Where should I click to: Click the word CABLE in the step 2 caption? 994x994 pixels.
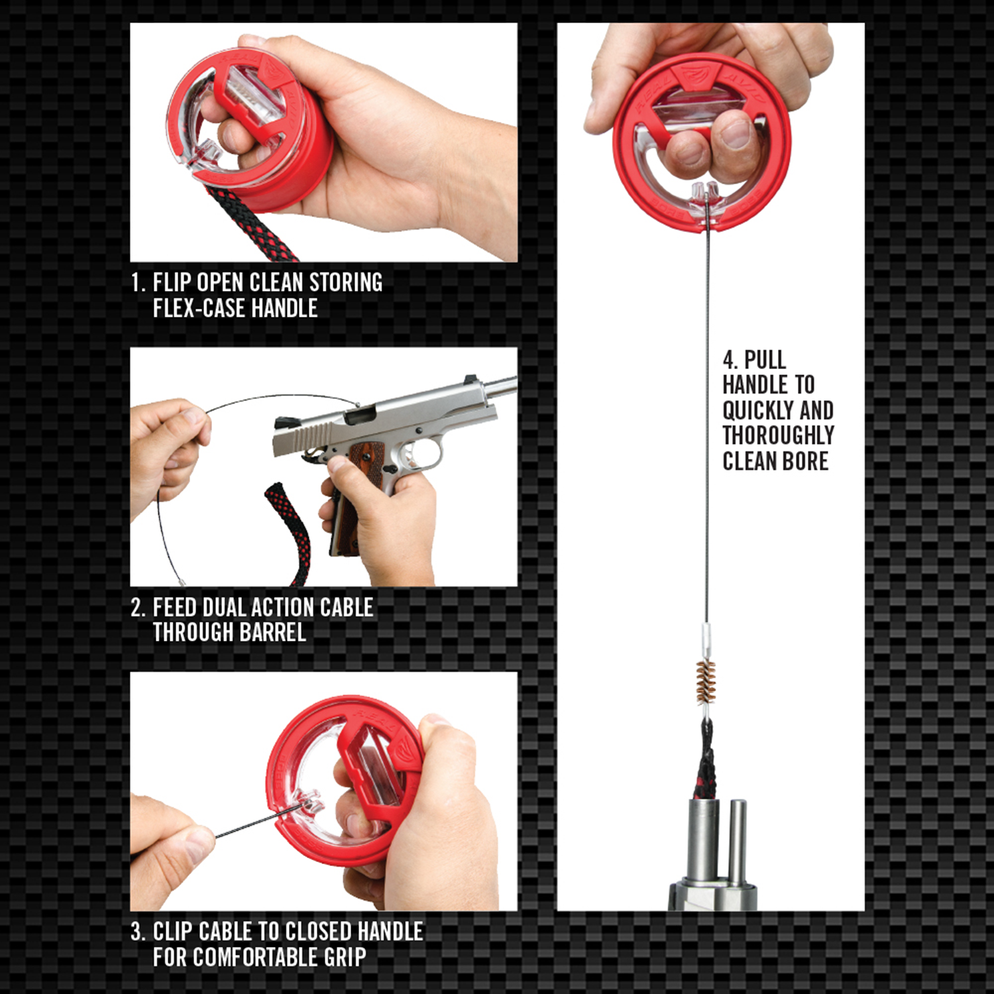(347, 607)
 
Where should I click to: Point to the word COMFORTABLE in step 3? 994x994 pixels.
(254, 957)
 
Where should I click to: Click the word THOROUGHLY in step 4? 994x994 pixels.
(779, 435)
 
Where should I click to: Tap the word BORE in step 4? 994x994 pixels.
(804, 461)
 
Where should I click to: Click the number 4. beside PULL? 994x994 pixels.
(730, 360)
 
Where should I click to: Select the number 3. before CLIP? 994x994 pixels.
(138, 932)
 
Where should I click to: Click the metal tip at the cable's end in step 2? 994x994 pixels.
(182, 582)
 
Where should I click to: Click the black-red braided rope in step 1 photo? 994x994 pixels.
(252, 225)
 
